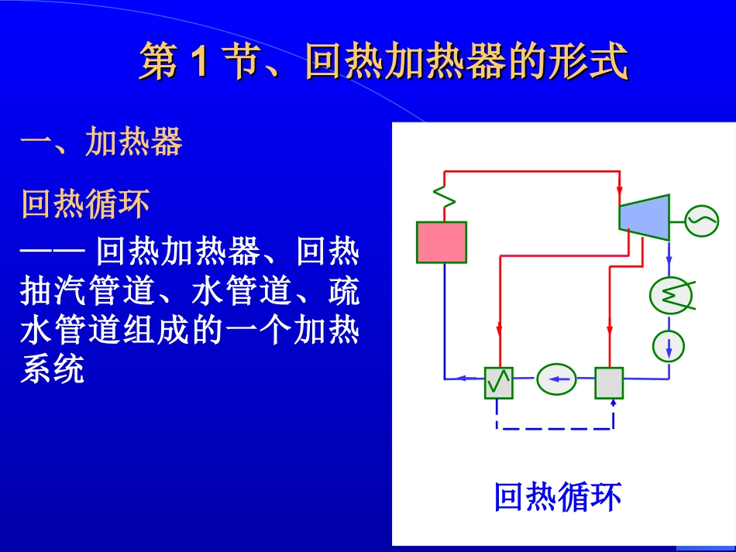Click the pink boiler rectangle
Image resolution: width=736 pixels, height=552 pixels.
[x=442, y=242]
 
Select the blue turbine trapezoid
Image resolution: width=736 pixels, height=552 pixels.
[x=644, y=217]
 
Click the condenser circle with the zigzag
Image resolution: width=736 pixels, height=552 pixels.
[x=669, y=295]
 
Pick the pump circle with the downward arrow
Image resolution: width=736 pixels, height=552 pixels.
[x=669, y=345]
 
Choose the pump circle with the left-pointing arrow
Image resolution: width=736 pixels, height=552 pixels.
[x=556, y=379]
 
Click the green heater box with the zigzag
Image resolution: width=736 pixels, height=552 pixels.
[x=499, y=382]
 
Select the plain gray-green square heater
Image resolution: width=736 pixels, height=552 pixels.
[x=609, y=382]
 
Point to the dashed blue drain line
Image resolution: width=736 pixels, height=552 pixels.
[x=554, y=427]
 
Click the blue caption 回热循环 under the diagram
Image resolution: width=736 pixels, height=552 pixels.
[x=558, y=497]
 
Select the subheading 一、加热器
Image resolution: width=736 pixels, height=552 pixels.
[x=101, y=142]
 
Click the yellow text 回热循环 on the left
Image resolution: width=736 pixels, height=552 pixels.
[x=85, y=205]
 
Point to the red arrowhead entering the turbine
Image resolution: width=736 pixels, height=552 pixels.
[x=619, y=190]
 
